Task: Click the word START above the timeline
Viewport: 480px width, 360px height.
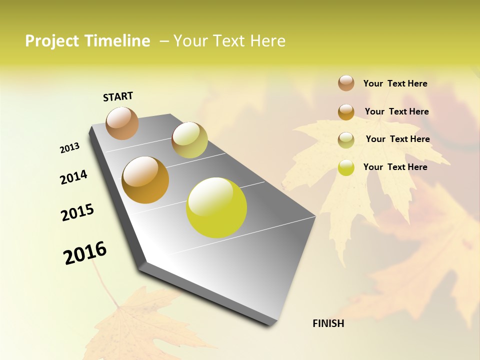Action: click(x=118, y=96)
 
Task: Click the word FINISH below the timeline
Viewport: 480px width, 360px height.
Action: click(x=328, y=323)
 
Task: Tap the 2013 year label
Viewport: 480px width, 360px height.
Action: click(x=69, y=148)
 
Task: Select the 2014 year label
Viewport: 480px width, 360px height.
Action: click(x=73, y=177)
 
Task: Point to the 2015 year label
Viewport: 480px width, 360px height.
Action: click(x=77, y=212)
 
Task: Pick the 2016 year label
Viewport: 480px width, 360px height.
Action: click(x=85, y=253)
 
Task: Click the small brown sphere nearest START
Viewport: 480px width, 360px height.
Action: click(x=122, y=123)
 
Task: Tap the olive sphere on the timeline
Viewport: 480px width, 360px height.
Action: click(x=189, y=140)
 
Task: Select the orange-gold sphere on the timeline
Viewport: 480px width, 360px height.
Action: click(x=145, y=180)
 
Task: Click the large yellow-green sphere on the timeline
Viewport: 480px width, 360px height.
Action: click(x=216, y=207)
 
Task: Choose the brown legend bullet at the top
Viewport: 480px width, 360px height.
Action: click(x=346, y=83)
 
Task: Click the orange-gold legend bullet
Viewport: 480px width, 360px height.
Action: click(x=346, y=111)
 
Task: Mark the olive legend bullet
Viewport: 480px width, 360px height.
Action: click(x=346, y=140)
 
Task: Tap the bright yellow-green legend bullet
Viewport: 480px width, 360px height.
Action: click(x=346, y=167)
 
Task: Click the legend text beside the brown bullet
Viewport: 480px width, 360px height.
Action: click(x=395, y=83)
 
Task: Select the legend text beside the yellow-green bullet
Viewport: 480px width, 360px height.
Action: click(x=395, y=167)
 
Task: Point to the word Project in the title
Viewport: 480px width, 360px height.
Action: click(x=52, y=41)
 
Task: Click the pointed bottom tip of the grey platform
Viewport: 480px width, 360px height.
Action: click(x=272, y=324)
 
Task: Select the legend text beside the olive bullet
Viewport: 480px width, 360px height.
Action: click(x=397, y=139)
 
